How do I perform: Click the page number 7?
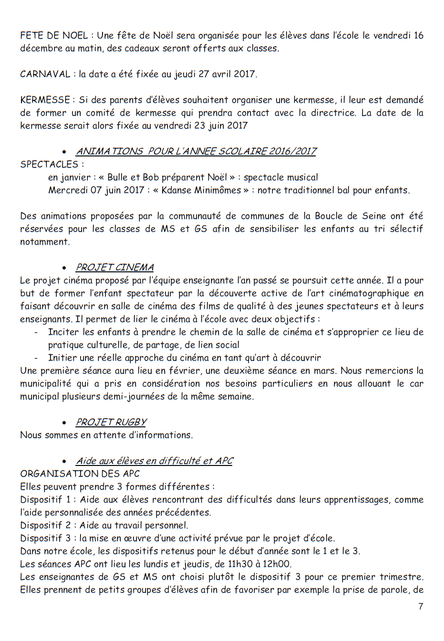(420, 606)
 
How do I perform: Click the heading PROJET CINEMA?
(114, 268)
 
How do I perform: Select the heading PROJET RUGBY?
(111, 422)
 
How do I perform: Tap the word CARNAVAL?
(45, 74)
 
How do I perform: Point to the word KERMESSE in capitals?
(45, 100)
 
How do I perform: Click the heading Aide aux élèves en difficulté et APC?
(155, 461)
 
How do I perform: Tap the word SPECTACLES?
(49, 164)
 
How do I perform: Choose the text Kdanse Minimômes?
(201, 190)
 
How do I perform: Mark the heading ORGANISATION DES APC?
(80, 474)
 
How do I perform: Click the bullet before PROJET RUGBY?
(64, 423)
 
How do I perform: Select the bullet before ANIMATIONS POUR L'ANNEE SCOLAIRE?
(64, 152)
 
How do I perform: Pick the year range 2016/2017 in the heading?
(292, 151)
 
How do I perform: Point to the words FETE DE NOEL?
(54, 35)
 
